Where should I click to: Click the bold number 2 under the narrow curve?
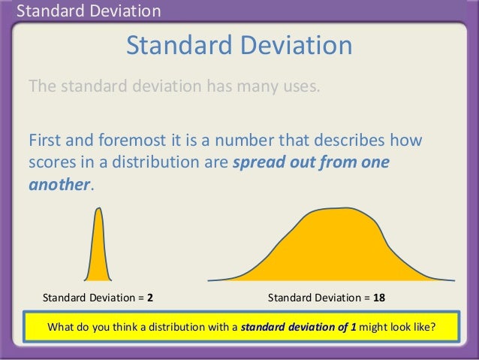click(x=150, y=298)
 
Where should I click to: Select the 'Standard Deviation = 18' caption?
click(x=327, y=298)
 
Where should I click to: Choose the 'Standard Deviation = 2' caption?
click(x=98, y=298)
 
